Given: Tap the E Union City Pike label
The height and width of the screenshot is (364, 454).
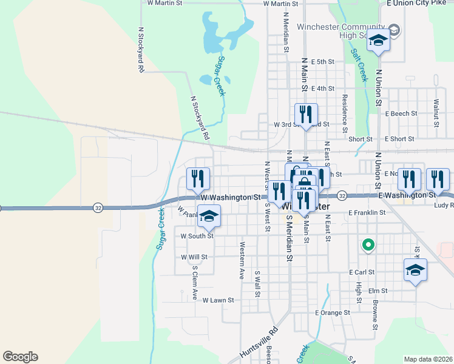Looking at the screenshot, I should coord(416,3).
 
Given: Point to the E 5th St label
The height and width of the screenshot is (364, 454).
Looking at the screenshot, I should coord(323,62).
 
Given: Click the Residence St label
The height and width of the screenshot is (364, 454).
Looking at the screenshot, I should coord(344,113).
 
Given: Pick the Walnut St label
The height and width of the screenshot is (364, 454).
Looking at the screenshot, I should coord(436,113).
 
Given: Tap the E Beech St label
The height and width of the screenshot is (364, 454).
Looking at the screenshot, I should coord(401,113).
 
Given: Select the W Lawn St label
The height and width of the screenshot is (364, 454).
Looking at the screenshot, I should coord(219,300).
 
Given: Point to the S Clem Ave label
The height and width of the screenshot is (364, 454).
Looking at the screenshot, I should coord(195,283).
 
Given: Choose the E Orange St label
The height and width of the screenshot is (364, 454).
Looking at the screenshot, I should coord(333,313).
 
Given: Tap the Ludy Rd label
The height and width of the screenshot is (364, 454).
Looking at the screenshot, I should coord(444,206).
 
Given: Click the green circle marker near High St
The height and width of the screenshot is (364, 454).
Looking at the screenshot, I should coord(367,246).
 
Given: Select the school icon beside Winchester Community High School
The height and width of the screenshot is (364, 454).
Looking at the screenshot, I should coord(378,41).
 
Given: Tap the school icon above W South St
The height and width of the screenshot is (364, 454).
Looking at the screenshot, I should coord(208,217).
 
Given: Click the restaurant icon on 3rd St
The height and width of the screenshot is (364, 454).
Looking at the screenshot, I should coord(306,113).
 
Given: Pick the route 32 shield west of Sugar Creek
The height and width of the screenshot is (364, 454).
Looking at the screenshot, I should coord(98,207).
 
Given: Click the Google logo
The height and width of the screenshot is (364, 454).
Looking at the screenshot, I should coord(20,357).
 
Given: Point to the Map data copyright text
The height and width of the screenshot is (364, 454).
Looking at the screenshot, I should coord(429,359).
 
